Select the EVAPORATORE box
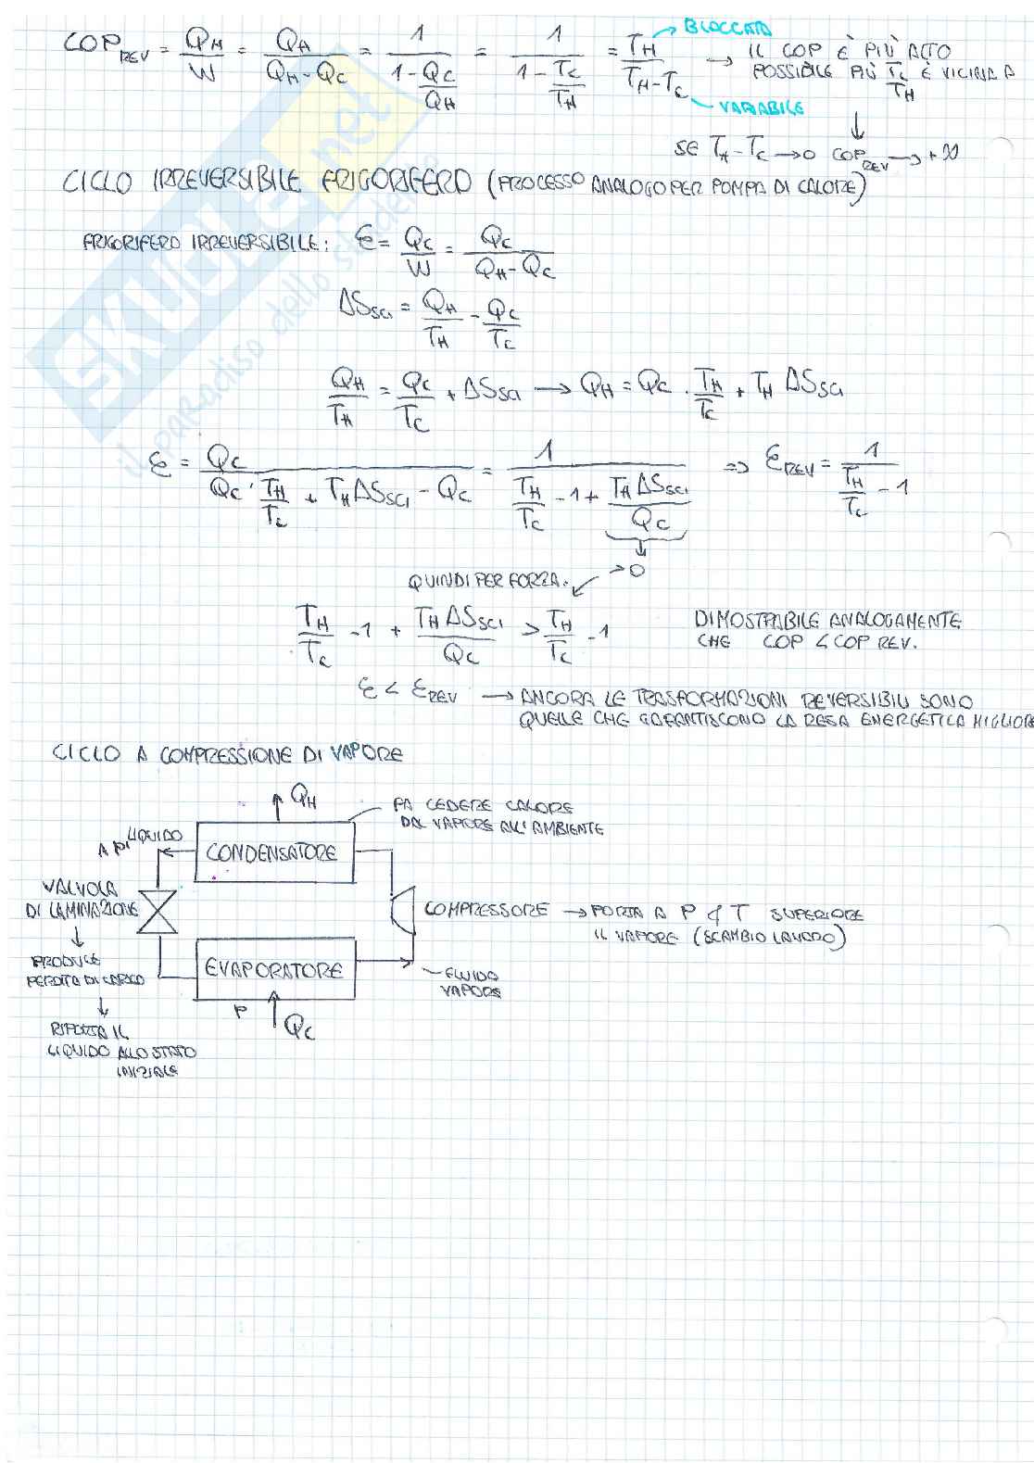(274, 969)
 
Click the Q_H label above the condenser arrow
(303, 796)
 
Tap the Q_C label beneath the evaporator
(299, 1026)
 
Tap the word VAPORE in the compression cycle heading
(359, 754)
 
